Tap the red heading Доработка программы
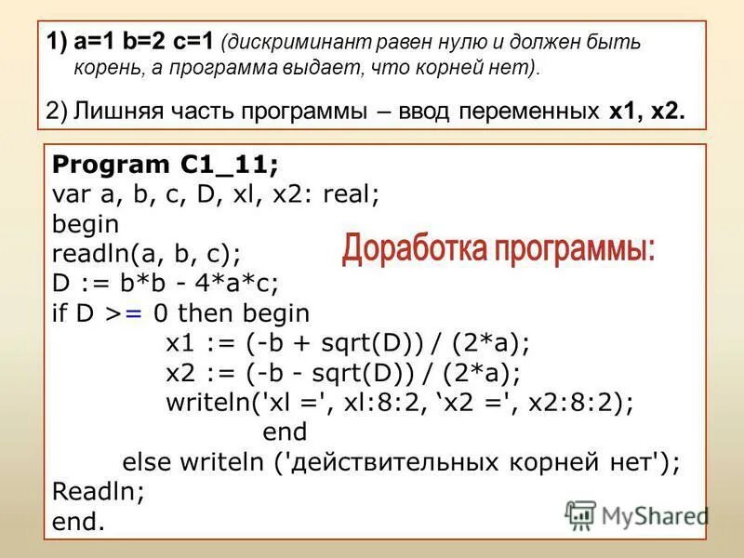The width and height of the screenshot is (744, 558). point(498,248)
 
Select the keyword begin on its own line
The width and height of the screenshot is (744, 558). point(86,224)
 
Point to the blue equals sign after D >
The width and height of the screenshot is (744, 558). point(133,313)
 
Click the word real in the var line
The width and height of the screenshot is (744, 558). point(353,195)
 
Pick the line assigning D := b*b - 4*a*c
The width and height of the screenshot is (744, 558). point(166,283)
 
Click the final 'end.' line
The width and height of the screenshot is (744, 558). point(79,522)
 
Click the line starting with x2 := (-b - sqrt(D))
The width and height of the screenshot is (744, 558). point(342,373)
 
